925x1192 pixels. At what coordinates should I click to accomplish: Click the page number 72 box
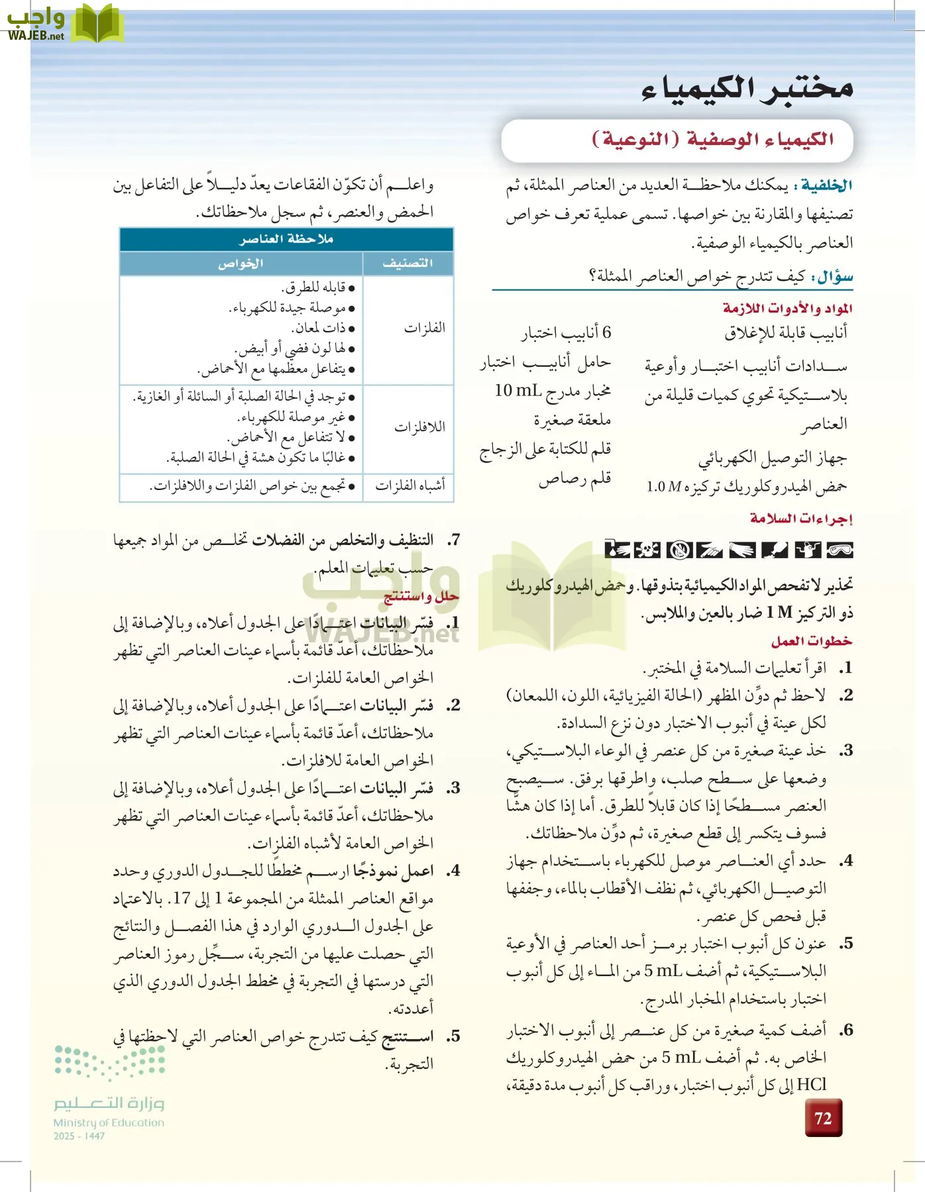coord(823,1118)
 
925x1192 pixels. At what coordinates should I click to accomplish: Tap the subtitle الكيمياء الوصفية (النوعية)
coord(712,140)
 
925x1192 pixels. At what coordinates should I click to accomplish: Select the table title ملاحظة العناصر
coord(286,239)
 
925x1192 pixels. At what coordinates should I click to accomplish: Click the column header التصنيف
coord(408,264)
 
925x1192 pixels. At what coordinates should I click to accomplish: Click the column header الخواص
coord(241,264)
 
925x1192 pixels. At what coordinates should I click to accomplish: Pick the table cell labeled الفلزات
coord(424,328)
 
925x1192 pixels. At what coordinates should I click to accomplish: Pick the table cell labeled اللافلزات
coord(419,427)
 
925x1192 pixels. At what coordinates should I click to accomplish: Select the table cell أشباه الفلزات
coord(410,486)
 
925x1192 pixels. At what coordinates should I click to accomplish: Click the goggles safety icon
coord(840,550)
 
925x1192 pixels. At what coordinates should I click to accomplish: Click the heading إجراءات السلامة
coord(801,519)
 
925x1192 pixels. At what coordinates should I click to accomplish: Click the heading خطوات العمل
coord(811,641)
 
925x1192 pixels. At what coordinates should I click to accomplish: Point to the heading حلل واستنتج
coord(421,597)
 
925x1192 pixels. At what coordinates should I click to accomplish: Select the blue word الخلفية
coord(826,185)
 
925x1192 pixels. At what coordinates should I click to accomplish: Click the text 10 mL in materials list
coord(517,391)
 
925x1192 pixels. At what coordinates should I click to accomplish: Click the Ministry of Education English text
coord(109,1122)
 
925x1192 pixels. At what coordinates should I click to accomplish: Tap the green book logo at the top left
coord(97,24)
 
